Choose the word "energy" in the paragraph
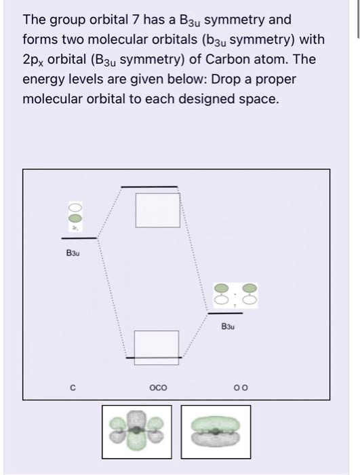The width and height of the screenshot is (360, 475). [42, 79]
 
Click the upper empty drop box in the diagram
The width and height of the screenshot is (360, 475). [157, 210]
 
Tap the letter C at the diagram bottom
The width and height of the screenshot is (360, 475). [73, 388]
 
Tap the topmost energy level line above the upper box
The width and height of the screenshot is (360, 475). [149, 186]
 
